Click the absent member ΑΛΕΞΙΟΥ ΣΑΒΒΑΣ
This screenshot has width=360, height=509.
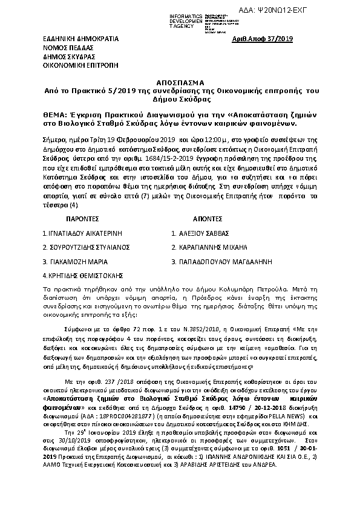tap(204, 233)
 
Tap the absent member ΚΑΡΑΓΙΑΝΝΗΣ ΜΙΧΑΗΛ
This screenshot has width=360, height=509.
tap(214, 247)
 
